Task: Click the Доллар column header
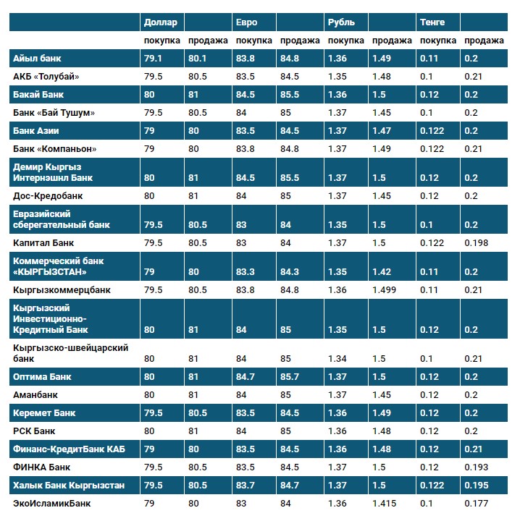(160, 22)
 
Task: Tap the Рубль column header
(341, 22)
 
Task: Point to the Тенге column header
(432, 22)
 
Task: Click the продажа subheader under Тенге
(484, 41)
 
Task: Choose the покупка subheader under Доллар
(162, 41)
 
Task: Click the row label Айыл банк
(38, 59)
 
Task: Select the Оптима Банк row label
(43, 377)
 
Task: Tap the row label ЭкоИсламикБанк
(52, 503)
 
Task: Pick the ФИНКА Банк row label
(42, 467)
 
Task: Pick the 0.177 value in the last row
(477, 503)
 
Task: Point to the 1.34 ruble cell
(337, 358)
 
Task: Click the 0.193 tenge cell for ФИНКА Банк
(477, 467)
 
